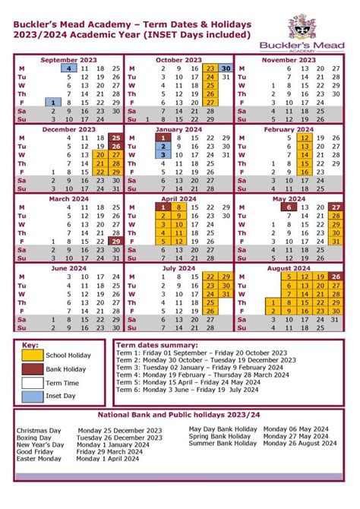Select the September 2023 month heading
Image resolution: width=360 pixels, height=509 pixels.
pos(68,59)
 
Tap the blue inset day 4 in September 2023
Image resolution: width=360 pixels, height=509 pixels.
pos(68,68)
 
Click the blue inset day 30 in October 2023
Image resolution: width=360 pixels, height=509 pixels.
pos(226,68)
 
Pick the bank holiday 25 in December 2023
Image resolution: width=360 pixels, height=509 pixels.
pos(115,138)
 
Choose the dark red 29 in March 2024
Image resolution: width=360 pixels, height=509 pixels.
pos(115,242)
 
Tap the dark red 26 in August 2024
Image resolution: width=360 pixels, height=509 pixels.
pos(336,277)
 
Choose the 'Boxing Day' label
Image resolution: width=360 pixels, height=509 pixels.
pos(34,438)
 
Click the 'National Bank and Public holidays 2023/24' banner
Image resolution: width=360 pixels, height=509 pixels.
pos(179,416)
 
